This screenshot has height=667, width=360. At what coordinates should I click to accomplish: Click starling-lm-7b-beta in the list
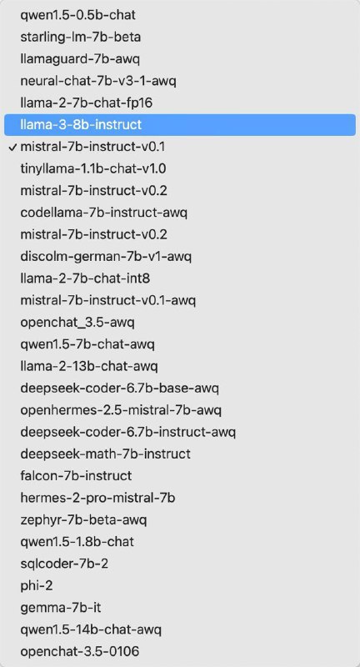80,37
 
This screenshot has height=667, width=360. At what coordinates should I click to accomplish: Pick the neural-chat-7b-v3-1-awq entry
98,81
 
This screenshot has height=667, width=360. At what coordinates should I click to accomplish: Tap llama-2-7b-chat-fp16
87,103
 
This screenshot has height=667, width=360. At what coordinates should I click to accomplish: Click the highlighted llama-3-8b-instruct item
81,124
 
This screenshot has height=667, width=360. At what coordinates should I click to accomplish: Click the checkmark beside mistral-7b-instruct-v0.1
12,146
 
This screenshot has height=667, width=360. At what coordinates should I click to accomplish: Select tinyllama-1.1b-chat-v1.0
93,168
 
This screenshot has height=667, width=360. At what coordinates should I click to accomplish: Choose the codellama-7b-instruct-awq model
104,212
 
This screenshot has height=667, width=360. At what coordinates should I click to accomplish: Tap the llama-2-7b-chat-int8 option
85,278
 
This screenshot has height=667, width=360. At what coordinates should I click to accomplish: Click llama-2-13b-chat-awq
89,366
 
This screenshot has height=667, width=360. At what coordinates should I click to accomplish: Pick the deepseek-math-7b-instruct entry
105,454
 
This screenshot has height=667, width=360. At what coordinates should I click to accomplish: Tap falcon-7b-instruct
76,476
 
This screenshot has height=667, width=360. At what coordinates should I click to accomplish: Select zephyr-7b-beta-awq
83,519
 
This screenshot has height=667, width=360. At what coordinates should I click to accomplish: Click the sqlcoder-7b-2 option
64,564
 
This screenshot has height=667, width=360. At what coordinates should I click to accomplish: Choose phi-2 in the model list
37,585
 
